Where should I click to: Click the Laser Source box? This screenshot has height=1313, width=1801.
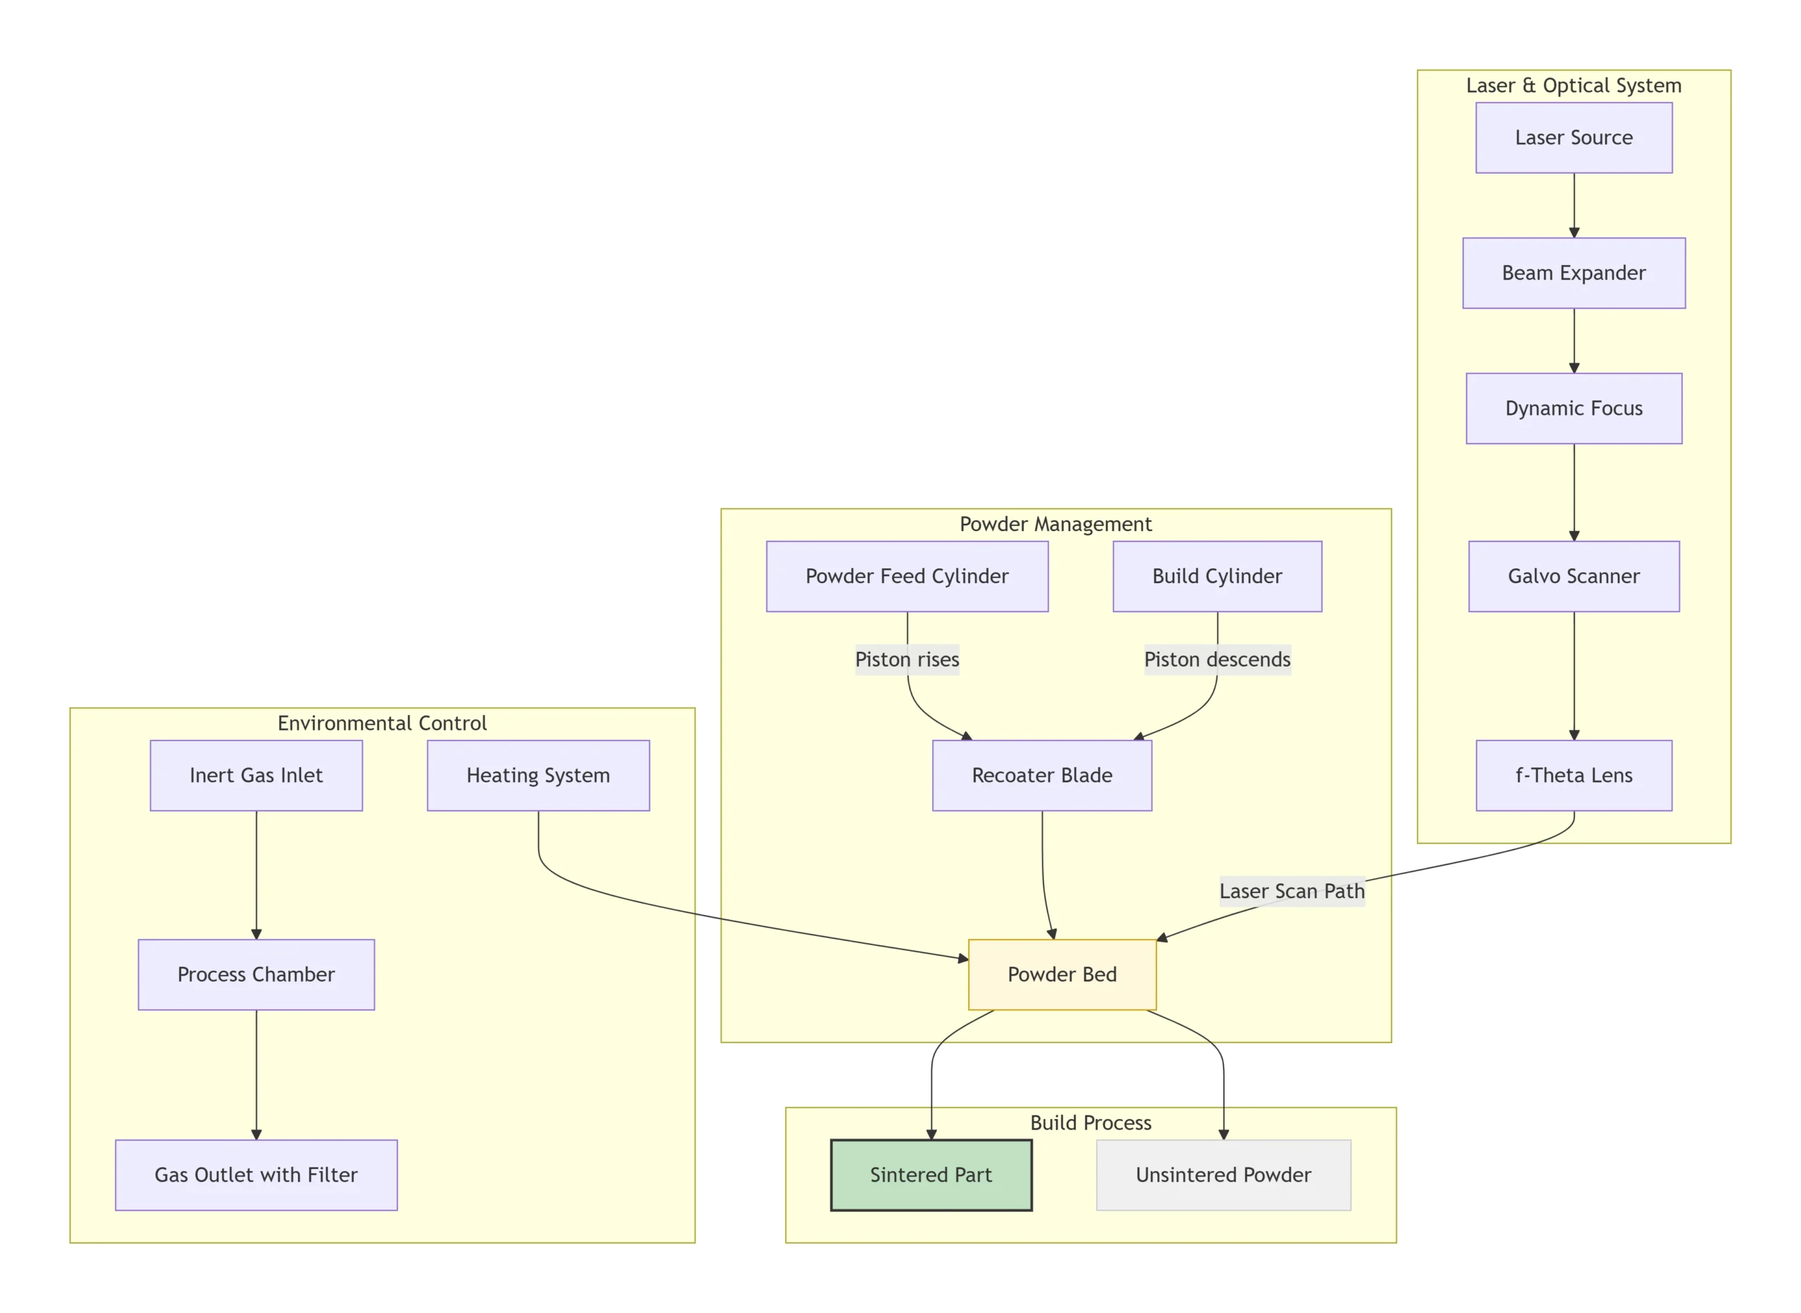[1573, 138]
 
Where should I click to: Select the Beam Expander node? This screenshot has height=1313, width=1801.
[1573, 273]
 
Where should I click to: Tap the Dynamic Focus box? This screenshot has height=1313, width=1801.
[1573, 408]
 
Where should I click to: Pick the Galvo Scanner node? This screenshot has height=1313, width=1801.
[1573, 575]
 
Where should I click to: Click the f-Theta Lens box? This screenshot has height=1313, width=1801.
[1573, 775]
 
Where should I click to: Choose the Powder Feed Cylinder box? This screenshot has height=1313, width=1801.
[906, 575]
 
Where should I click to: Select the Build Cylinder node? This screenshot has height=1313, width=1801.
[1216, 575]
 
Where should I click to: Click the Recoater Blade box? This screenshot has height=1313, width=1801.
[1042, 775]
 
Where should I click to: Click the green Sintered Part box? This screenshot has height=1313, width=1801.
[930, 1174]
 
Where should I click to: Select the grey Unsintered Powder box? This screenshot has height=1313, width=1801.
[1223, 1174]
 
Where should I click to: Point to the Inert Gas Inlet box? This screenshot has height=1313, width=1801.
[256, 775]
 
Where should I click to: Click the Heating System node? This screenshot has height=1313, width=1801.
[538, 775]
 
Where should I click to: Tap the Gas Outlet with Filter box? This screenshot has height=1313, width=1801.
[256, 1174]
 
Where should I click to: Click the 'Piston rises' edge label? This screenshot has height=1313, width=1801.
[906, 659]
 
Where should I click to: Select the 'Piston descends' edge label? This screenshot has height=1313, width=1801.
[1216, 659]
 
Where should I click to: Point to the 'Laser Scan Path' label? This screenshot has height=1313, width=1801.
[1292, 891]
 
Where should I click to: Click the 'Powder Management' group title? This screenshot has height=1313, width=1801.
[1055, 524]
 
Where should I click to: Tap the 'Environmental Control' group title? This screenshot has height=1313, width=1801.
[382, 722]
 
